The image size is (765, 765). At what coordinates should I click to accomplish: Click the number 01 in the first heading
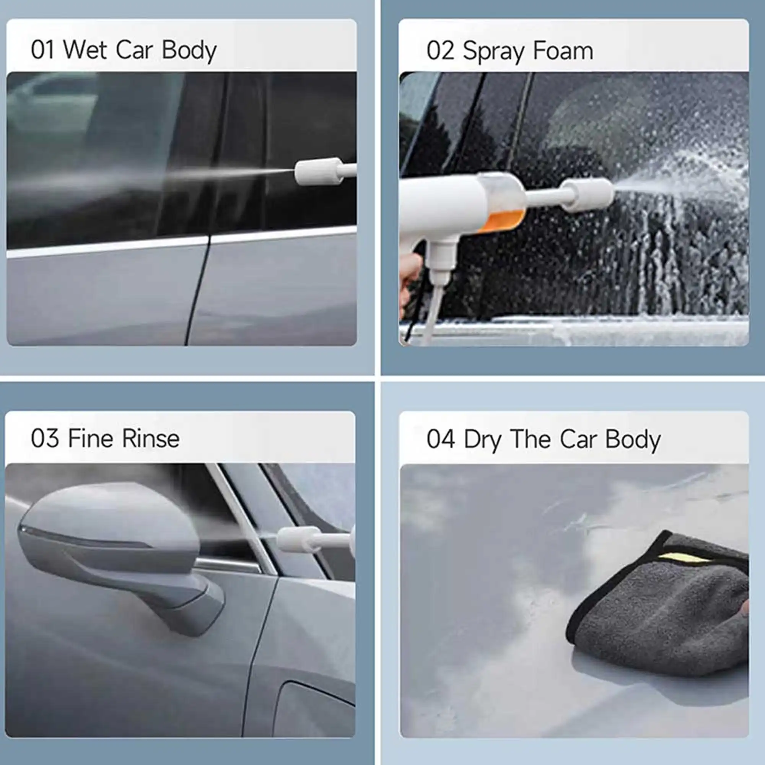point(42,50)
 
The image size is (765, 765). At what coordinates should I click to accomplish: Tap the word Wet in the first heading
point(85,50)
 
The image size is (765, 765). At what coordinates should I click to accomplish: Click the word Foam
point(563,52)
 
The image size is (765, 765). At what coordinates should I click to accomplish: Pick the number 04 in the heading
point(440,440)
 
